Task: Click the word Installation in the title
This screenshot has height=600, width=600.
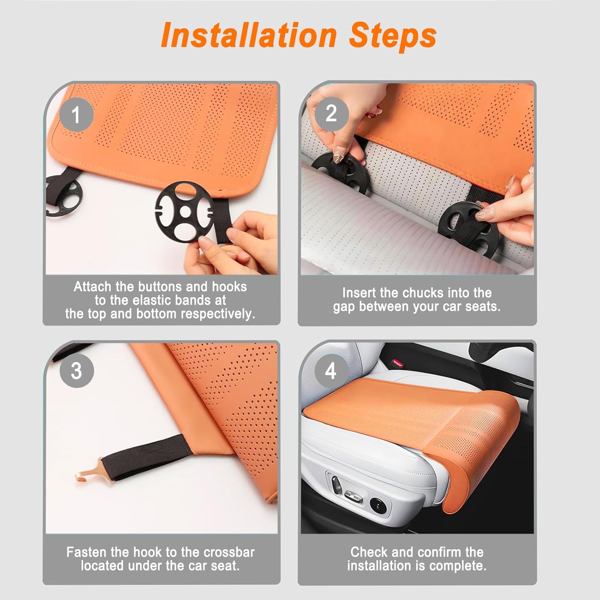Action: coord(249,35)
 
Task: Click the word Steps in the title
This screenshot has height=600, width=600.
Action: coord(392,36)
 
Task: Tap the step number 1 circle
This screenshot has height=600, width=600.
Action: coord(76,115)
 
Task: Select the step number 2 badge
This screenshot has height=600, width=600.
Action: coord(331,114)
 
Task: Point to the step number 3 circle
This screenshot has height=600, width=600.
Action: coord(76,371)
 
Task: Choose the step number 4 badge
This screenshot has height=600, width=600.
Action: coord(331,371)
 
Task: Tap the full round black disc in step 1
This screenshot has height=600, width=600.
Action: coord(185,211)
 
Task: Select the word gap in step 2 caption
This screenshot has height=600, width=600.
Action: coord(344,307)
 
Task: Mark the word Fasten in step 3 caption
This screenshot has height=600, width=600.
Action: coord(86,552)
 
